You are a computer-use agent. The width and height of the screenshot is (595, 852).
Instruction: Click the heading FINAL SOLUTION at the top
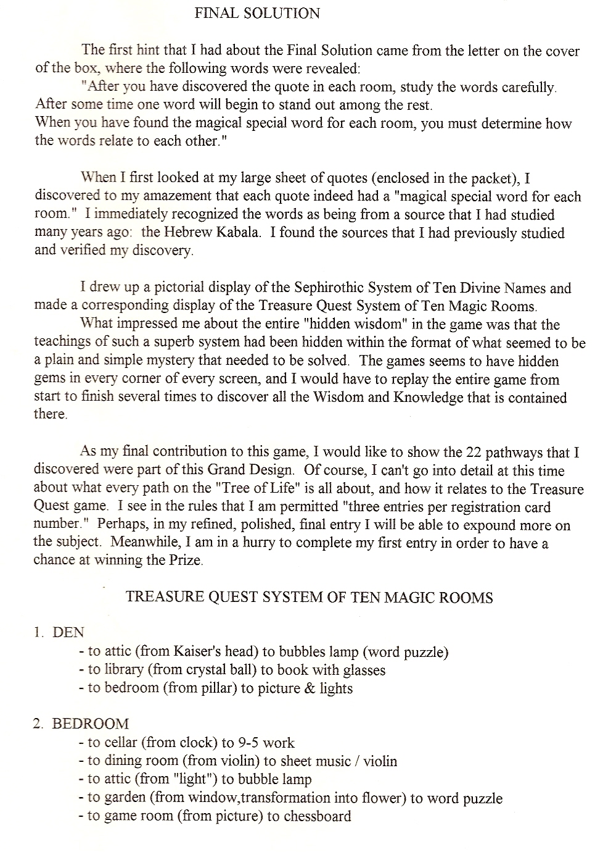[257, 13]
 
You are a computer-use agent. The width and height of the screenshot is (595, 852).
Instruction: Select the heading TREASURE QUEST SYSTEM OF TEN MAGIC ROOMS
[309, 597]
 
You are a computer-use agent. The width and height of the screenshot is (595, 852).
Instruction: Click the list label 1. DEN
[59, 632]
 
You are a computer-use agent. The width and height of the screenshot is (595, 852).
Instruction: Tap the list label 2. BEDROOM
[81, 724]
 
